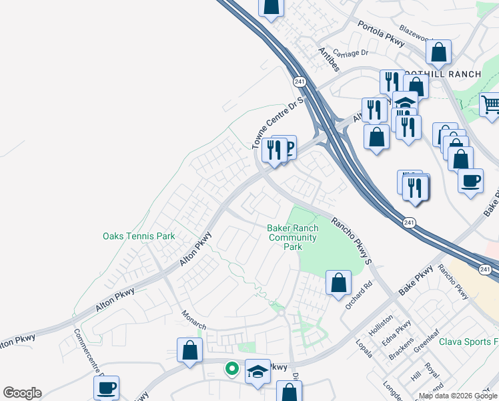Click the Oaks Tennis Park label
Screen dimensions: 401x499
click(139, 236)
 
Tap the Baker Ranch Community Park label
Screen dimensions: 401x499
click(293, 237)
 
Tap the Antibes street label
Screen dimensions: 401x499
click(329, 59)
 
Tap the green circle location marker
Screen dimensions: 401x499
click(231, 368)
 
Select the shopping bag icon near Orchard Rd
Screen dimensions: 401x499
click(339, 282)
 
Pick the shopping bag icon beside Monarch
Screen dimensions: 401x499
click(189, 350)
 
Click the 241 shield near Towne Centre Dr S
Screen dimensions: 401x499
click(297, 80)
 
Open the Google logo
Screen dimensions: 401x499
click(22, 393)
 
